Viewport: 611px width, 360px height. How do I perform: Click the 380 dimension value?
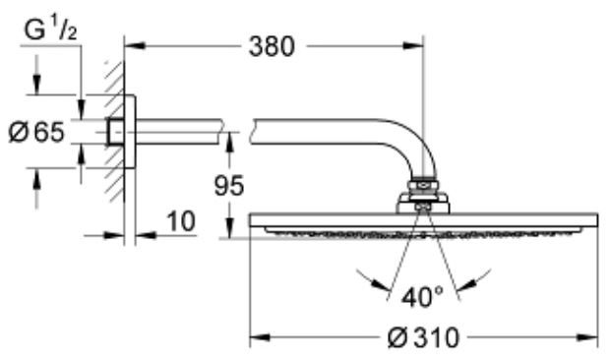pyautogui.click(x=267, y=46)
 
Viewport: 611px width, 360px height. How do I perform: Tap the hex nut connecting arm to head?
pyautogui.click(x=422, y=184)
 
